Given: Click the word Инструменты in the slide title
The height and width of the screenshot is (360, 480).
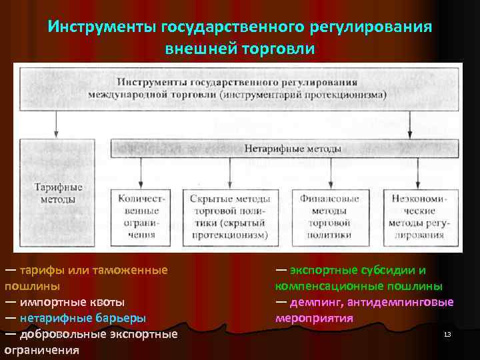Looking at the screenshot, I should [x=102, y=28].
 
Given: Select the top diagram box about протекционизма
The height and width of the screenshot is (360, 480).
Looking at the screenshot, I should [x=237, y=88].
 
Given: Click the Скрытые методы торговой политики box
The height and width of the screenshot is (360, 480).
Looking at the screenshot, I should [x=229, y=215].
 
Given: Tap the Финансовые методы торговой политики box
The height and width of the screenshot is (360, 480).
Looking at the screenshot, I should [x=329, y=215].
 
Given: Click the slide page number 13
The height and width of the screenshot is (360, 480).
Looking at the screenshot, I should [x=447, y=334].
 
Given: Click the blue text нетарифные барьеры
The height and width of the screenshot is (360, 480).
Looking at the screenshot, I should [x=83, y=318].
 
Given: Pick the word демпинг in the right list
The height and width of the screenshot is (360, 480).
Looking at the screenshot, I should [x=313, y=302].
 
